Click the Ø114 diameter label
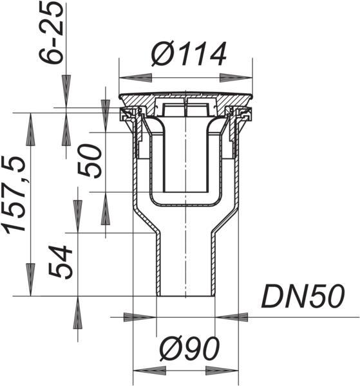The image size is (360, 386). [189, 54]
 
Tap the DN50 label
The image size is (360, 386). [303, 296]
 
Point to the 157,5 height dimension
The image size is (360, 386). [14, 194]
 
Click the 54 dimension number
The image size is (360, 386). [61, 261]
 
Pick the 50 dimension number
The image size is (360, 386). [90, 161]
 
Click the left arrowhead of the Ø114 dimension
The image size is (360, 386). [135, 78]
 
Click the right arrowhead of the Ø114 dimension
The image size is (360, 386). [236, 78]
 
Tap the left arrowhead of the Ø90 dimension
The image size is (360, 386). [149, 371]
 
